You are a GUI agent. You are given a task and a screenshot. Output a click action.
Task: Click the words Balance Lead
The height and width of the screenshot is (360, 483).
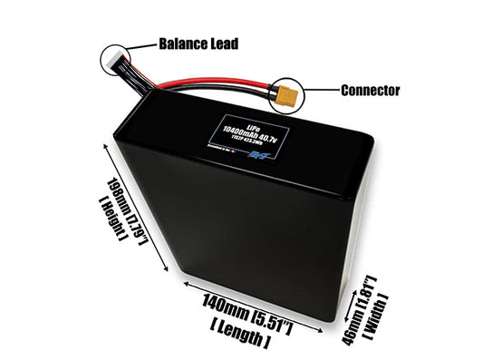coord(198,44)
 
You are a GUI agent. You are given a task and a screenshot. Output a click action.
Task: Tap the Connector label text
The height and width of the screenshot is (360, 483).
coord(370,91)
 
